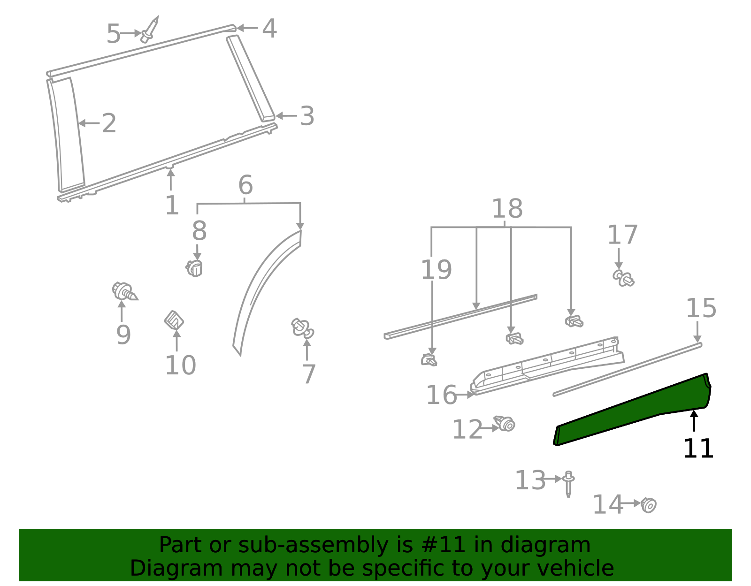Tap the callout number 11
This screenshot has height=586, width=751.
698,449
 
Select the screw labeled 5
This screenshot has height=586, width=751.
150,30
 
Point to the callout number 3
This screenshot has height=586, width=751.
307,116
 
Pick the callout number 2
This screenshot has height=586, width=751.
109,123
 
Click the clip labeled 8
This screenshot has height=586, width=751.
194,268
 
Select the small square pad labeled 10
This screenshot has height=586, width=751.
174,320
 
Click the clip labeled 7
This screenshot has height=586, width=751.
303,327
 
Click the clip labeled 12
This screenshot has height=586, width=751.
505,424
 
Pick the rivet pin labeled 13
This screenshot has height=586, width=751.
568,483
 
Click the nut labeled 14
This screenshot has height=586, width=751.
649,505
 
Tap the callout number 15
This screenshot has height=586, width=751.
701,308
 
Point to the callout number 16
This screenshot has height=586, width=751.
441,395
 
